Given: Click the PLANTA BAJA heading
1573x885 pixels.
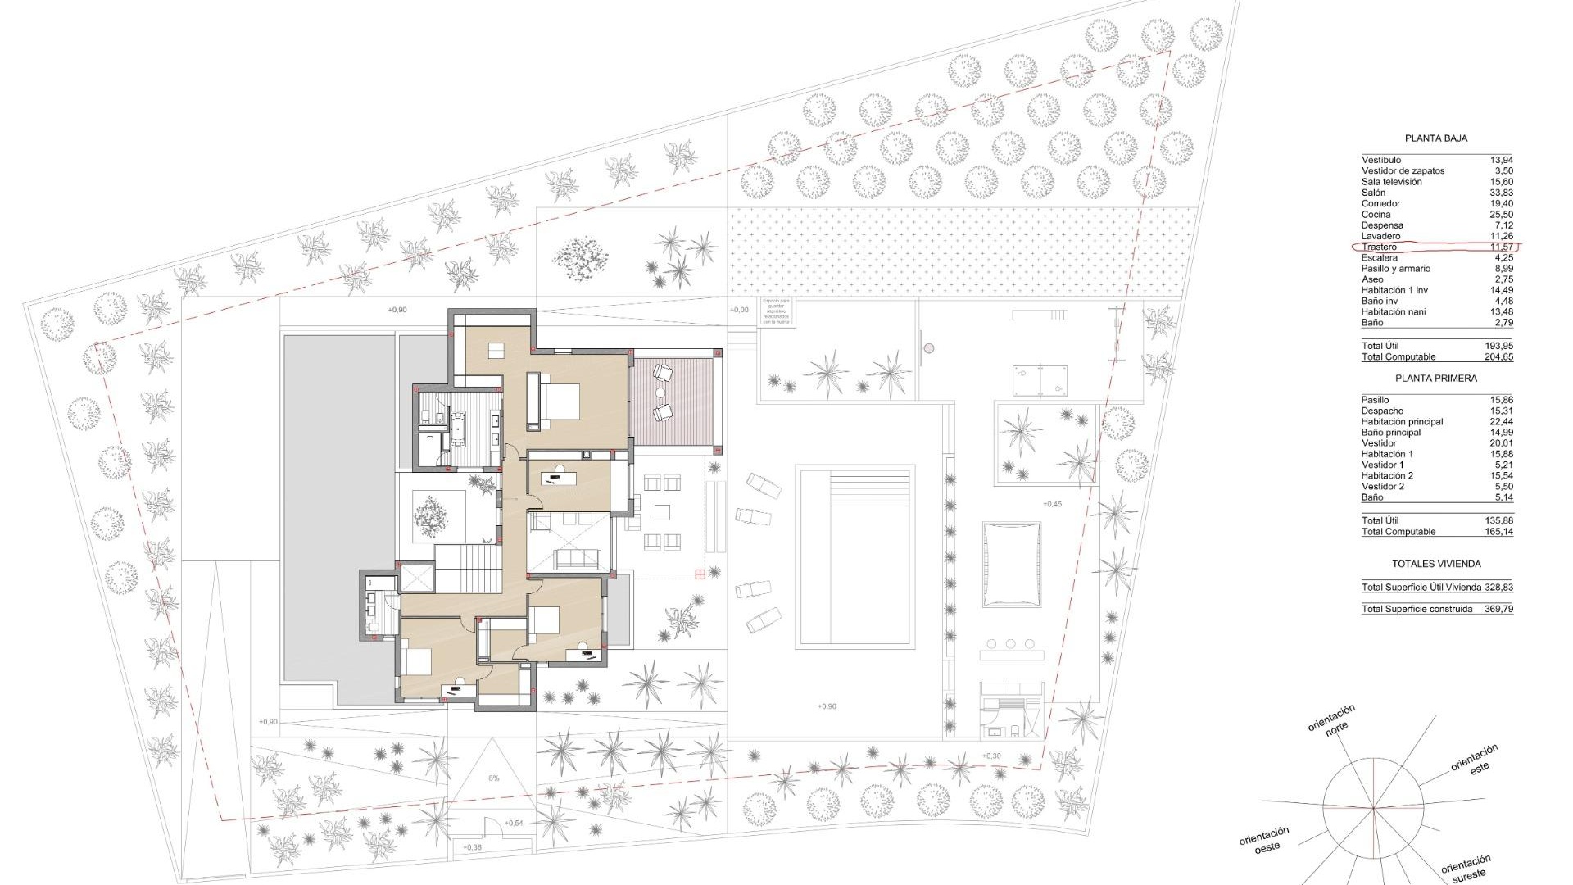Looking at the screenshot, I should point(1435,138).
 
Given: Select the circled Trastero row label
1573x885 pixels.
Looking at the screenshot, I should point(1379,247).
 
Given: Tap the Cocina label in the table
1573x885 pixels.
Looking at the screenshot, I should point(1376,215).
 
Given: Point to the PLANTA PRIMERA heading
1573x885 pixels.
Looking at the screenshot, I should point(1435,379).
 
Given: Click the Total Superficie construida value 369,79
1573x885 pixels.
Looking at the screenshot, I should point(1498,609).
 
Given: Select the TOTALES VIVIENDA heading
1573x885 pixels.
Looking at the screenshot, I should point(1435,564).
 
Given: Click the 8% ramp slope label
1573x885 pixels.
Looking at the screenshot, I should point(493,778).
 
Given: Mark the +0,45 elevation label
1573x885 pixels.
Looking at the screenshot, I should point(1052,504).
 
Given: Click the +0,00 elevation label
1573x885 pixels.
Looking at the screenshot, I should point(738,310).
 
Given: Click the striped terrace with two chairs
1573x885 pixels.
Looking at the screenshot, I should point(673,402).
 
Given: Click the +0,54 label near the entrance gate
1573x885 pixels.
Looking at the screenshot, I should point(514,823).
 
